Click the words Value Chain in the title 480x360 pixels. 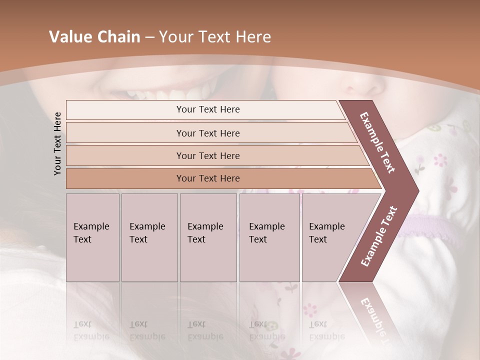coord(94,37)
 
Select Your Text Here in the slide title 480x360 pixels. coord(215,37)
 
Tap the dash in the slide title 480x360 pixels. coord(149,37)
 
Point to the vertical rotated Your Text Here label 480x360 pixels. coord(58,143)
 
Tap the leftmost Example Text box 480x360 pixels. coord(92,237)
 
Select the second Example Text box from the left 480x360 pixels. coord(149,237)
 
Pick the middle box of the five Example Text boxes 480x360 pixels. coord(208,237)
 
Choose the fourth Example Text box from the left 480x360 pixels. coord(269,237)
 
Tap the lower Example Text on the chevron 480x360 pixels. coord(379,236)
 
